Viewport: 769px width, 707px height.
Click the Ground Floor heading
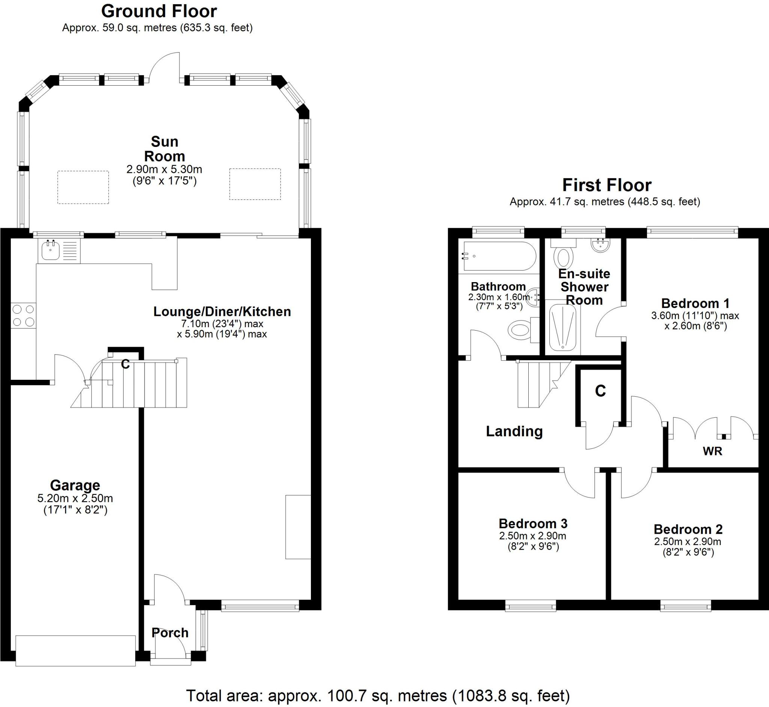[x=159, y=12]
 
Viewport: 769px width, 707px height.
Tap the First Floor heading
[x=606, y=186]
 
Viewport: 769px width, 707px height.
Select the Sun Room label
[x=164, y=149]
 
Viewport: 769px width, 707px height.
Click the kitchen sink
[x=50, y=250]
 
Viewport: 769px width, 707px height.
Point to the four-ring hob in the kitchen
[x=23, y=316]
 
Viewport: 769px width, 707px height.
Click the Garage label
[x=75, y=485]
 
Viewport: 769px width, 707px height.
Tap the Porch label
[x=170, y=633]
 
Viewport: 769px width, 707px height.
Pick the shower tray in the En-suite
[x=562, y=328]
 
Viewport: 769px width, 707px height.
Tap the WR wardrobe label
[x=712, y=452]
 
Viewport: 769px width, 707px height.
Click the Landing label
[x=514, y=432]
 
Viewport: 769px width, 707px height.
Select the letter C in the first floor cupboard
[x=600, y=391]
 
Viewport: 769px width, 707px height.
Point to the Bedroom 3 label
[x=533, y=523]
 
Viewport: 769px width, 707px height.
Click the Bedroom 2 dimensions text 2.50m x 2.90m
[x=688, y=542]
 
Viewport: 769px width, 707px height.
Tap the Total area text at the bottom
[x=378, y=695]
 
